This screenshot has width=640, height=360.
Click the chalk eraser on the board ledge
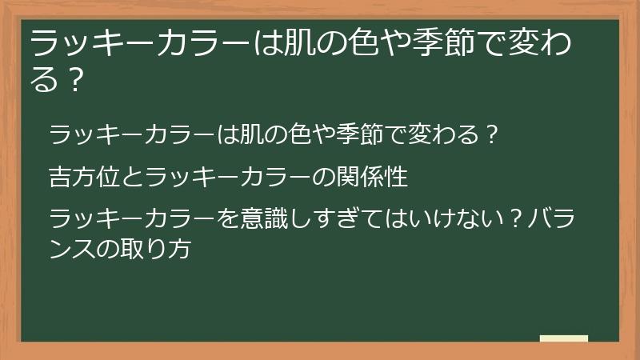click(x=564, y=338)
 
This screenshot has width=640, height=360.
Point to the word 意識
click(x=254, y=218)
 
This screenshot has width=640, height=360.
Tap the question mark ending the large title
click(x=74, y=81)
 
